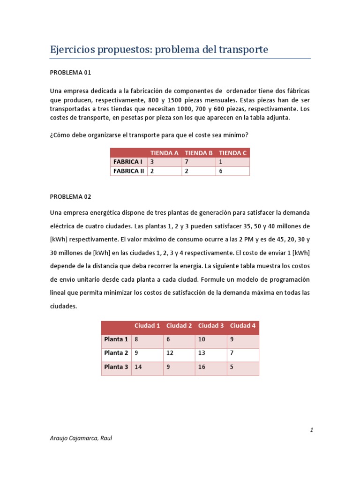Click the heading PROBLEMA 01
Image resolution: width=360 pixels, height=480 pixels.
(70, 73)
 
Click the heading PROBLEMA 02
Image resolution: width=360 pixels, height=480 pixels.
(70, 196)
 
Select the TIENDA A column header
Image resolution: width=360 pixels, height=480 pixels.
(164, 153)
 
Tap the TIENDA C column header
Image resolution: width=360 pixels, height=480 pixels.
(233, 153)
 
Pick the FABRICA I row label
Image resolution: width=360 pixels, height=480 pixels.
(127, 162)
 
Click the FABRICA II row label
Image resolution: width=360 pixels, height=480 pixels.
(128, 171)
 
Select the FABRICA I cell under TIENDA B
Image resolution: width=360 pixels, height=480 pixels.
(199, 162)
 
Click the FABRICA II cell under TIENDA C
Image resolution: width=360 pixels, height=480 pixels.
(233, 171)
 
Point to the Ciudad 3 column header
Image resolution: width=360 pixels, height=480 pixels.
(211, 326)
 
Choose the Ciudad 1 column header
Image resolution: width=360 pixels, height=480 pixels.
(147, 326)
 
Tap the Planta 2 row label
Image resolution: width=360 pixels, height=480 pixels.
(116, 353)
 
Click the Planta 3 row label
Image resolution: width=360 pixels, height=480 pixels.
(116, 367)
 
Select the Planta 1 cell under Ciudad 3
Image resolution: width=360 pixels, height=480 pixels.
(211, 339)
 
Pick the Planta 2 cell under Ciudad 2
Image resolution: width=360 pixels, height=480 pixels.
(179, 353)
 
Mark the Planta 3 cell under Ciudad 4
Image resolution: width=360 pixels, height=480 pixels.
(243, 367)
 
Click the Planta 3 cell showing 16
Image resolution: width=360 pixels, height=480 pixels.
(211, 367)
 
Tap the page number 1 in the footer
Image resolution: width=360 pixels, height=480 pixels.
(311, 430)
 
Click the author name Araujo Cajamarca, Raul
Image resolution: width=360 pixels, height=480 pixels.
(81, 438)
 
